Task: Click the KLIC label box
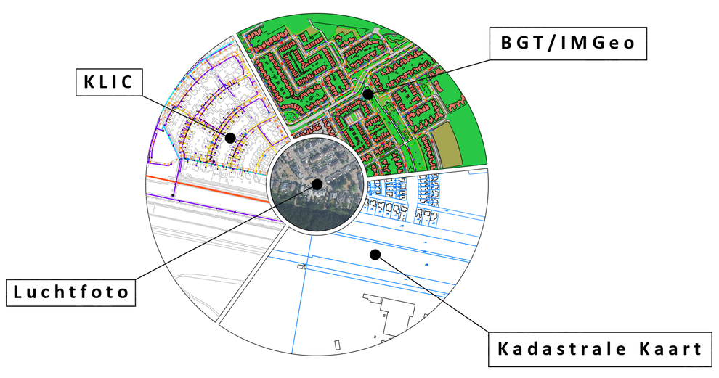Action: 109,83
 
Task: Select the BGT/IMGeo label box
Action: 568,44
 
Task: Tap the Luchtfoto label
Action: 70,292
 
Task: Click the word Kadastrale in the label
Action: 561,349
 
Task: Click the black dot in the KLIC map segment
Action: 230,138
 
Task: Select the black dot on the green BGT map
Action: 367,94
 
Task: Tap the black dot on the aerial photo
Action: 317,184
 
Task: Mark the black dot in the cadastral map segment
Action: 375,254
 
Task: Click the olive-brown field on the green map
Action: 448,144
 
